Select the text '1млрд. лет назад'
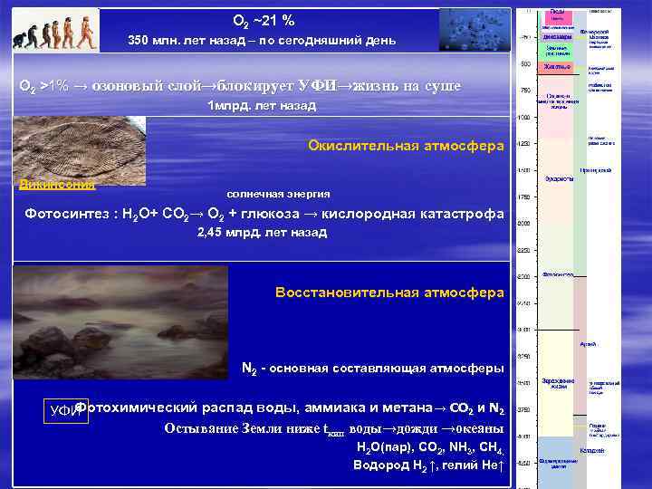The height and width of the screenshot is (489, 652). pos(262,106)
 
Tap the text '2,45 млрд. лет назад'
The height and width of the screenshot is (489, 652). pos(262,233)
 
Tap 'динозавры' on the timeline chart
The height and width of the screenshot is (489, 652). pos(558,37)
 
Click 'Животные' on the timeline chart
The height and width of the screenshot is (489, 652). pos(558,66)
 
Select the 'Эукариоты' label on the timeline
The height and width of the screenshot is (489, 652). pos(559,178)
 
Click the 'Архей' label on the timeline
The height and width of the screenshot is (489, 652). pos(588,344)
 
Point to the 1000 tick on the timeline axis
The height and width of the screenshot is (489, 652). pos(523,118)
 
